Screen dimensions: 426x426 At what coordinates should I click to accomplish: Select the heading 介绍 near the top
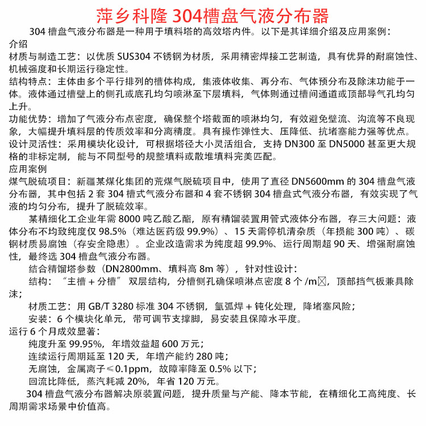pos(18,44)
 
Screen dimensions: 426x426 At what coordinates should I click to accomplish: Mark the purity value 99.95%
pos(84,344)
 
